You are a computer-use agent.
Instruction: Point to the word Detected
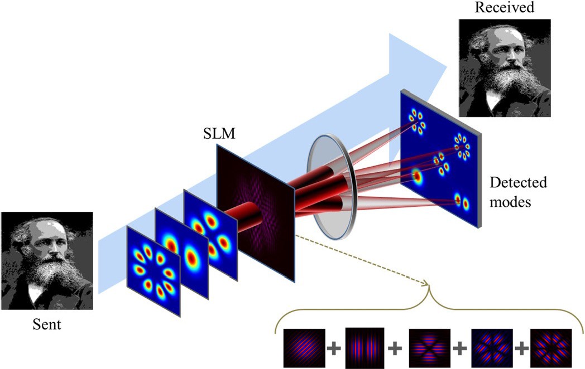518,182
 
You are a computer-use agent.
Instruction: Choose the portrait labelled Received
504,67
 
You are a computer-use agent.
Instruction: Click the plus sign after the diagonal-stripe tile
334,349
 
